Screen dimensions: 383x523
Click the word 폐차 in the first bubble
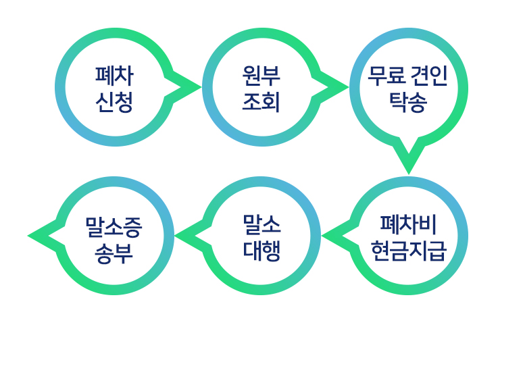click(114, 76)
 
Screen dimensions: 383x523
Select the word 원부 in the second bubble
click(261, 76)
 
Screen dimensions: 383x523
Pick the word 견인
click(430, 76)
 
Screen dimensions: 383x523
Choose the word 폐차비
click(408, 224)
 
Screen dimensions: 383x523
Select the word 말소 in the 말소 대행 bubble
click(261, 224)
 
